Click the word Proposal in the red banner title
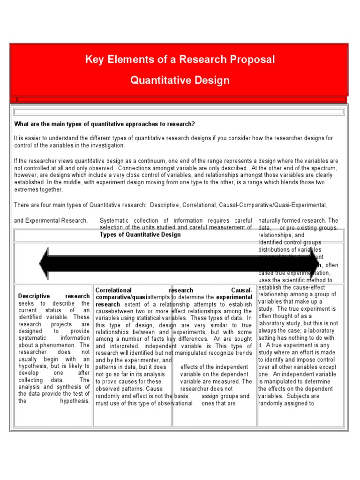pos(251,60)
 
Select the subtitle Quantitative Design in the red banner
pos(180,80)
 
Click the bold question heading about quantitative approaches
pos(104,124)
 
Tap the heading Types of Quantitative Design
pos(140,234)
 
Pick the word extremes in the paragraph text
pos(26,189)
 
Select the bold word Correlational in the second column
pos(113,290)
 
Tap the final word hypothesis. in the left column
pos(75,401)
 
